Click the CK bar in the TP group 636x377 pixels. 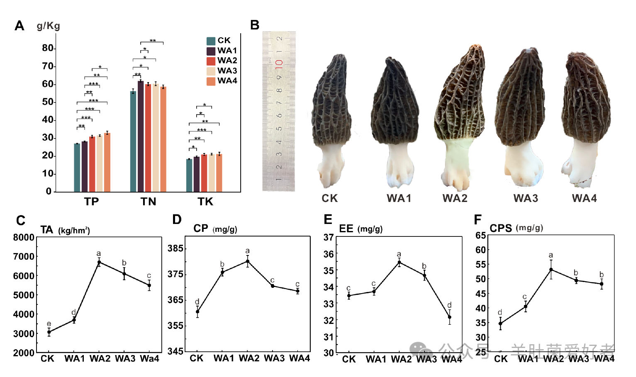point(77,168)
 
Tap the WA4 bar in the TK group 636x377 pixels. point(219,173)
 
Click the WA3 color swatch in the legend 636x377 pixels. point(211,71)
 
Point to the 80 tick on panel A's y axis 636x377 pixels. point(48,48)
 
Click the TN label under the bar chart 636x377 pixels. point(148,202)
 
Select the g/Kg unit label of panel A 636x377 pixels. point(48,26)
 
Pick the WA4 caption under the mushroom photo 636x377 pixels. point(584,198)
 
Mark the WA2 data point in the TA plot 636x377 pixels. point(99,262)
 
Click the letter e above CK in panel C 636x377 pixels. point(49,324)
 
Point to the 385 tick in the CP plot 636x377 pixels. point(175,248)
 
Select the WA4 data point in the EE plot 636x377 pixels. point(449,317)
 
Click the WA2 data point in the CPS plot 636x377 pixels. point(551,270)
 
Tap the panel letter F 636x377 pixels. point(478,220)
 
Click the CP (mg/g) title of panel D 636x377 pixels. point(215,229)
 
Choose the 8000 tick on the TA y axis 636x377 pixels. point(24,238)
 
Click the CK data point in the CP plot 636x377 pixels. point(197,311)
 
